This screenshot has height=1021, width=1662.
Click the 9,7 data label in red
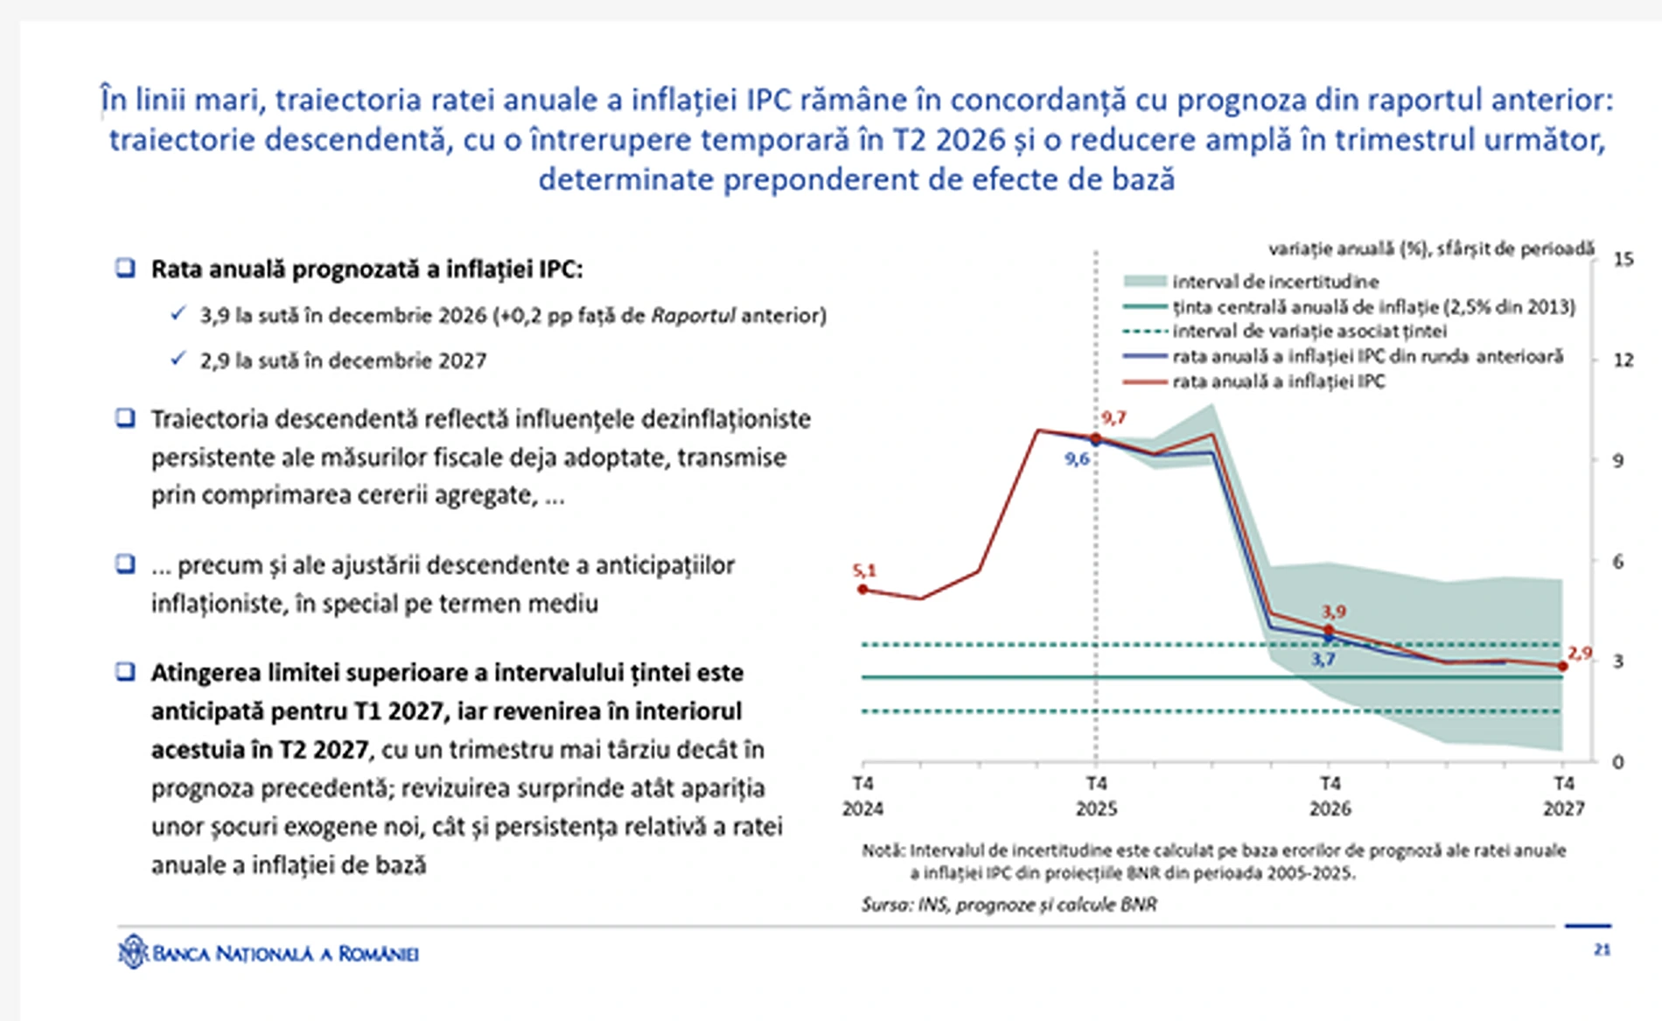coord(1114,418)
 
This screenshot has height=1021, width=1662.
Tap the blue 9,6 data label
coord(1077,459)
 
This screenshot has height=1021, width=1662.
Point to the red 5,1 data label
coord(864,570)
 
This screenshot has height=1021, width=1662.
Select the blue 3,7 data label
coord(1323,660)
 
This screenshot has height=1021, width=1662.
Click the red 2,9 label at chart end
coord(1580,653)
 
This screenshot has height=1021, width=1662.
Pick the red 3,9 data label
coord(1333,612)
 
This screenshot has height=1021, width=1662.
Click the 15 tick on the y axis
coord(1623,259)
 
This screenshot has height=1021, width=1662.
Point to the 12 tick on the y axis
coord(1623,360)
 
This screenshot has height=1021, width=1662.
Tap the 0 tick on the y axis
coord(1617,762)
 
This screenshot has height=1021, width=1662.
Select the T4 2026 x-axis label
coord(1330,795)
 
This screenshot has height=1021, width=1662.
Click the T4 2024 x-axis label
coord(862,795)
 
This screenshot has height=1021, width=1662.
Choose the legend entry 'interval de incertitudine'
coord(1274,282)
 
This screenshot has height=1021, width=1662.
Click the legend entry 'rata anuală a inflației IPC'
coord(1278,381)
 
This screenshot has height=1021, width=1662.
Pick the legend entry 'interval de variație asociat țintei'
coord(1309,332)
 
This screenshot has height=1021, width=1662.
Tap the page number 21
coord(1602,949)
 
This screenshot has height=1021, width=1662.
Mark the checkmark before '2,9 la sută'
coord(178,359)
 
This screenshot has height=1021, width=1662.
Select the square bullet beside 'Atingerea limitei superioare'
coord(126,672)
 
